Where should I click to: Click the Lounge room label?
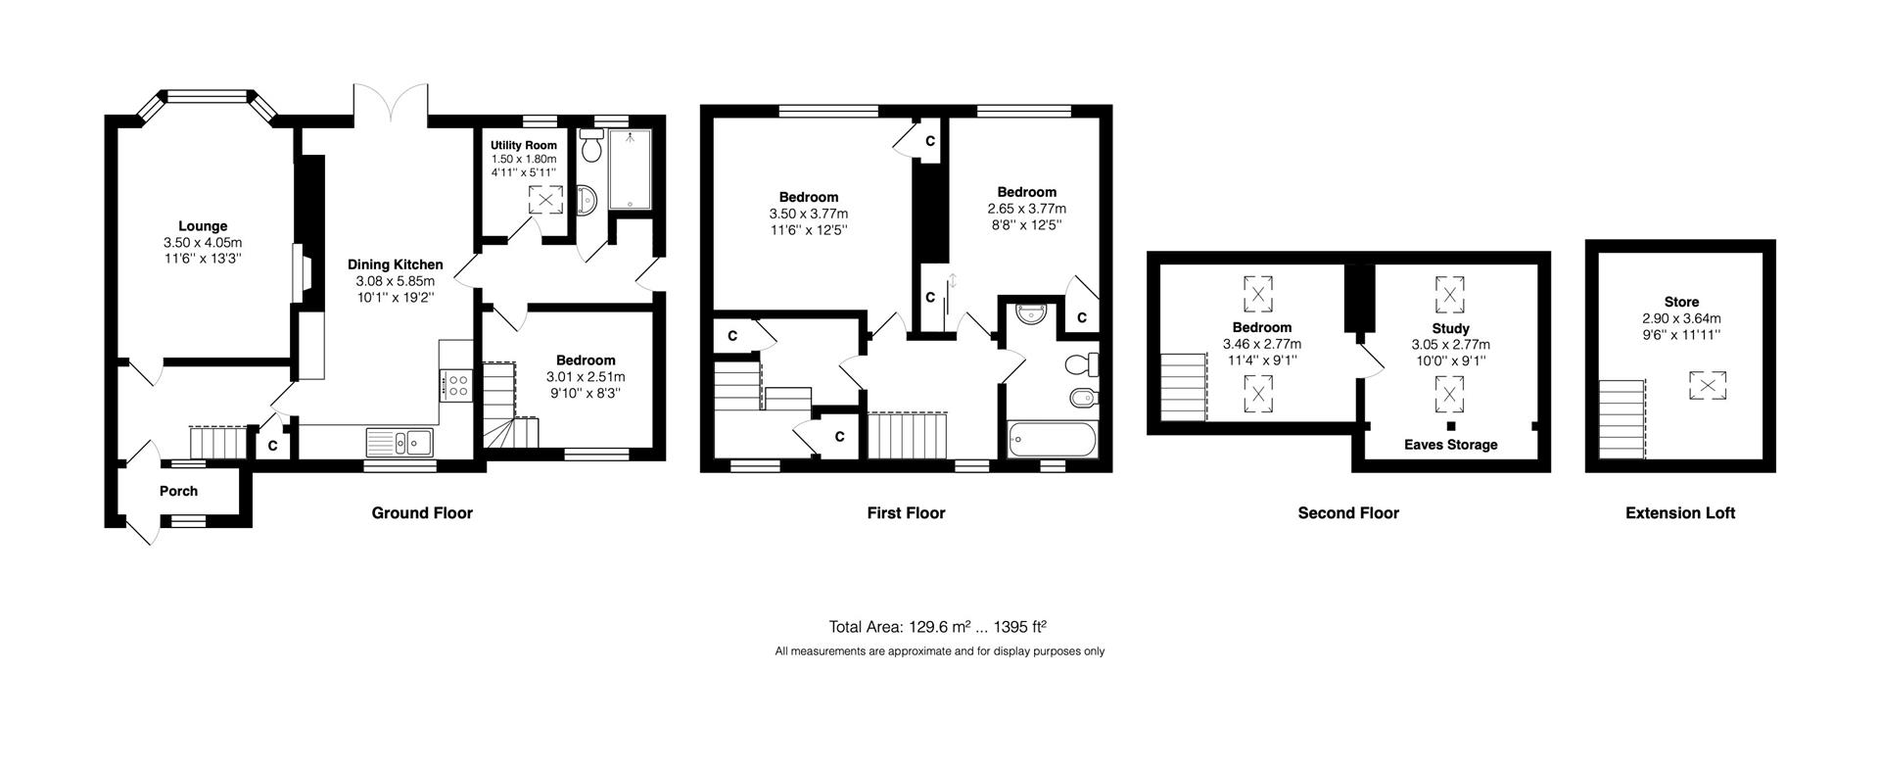click(x=203, y=226)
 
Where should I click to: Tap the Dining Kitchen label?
click(x=396, y=264)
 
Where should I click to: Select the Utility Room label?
click(x=524, y=145)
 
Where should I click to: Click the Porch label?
click(x=178, y=492)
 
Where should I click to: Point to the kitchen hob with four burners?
click(x=457, y=383)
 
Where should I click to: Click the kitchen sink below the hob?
click(x=401, y=443)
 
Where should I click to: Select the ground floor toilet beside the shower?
click(x=591, y=146)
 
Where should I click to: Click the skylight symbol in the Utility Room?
click(x=546, y=200)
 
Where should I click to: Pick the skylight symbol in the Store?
click(x=1706, y=385)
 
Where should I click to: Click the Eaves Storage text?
click(x=1451, y=445)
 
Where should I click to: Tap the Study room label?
click(x=1450, y=329)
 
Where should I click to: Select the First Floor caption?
click(x=906, y=512)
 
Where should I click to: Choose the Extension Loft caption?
click(x=1680, y=512)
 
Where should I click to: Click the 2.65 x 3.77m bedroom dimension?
click(x=1027, y=209)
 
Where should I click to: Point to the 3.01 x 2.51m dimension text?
click(x=586, y=376)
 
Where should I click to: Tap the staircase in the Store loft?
click(x=1623, y=420)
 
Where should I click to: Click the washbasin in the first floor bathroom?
click(x=1031, y=313)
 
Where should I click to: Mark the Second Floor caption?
click(x=1348, y=512)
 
